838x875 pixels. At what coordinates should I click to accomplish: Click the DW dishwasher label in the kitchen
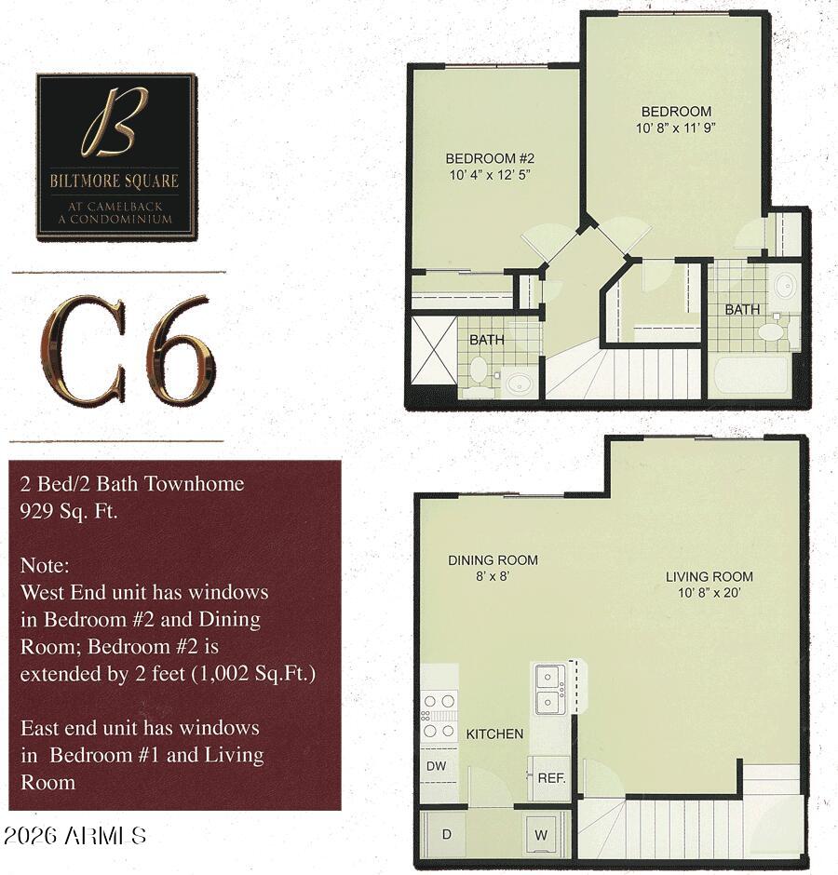436,765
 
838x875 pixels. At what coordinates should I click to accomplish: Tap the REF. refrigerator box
551,777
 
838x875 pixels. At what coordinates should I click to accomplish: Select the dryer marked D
446,834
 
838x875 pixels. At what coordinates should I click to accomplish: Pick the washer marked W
541,835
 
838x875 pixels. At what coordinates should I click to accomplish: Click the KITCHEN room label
494,734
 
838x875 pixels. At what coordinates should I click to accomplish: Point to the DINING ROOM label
493,560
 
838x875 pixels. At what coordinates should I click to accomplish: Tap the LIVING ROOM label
709,576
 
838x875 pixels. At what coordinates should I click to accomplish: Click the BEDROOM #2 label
489,157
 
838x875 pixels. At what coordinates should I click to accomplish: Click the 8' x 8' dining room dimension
492,576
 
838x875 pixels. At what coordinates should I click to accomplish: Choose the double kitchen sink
548,688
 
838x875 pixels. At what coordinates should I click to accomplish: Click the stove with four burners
438,715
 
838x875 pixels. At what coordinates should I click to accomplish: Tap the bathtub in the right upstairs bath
750,376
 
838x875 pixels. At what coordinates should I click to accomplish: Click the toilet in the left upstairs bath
479,370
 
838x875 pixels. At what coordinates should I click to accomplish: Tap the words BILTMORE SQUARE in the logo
115,181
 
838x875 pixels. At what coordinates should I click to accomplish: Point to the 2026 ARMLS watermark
74,835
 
